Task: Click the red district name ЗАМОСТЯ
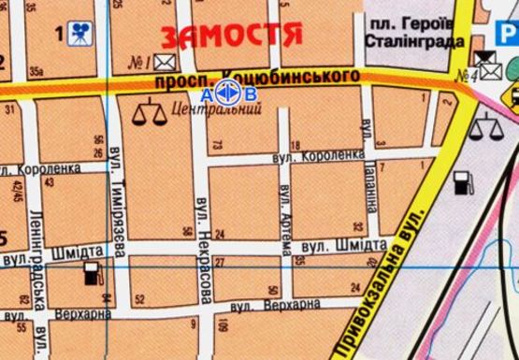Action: [x=232, y=36]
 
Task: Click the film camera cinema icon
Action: [x=79, y=35]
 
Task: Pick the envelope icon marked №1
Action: [x=166, y=64]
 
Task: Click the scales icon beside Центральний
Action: [x=145, y=114]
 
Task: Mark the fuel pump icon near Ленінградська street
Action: [x=91, y=274]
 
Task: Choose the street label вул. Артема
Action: [x=286, y=218]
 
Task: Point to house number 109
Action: [x=223, y=325]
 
